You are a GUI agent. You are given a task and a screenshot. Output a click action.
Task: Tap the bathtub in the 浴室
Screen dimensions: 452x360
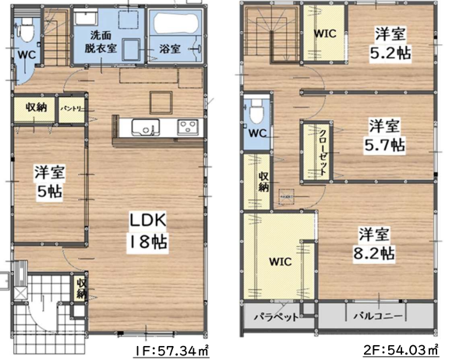point(176,23)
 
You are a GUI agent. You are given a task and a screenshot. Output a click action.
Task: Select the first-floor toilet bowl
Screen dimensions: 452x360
point(27,28)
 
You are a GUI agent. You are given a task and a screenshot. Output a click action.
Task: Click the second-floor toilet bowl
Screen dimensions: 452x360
point(256,111)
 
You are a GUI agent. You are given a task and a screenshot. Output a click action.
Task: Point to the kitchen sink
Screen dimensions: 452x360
point(146,127)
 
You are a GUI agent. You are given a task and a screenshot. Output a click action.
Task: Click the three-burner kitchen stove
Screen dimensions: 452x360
point(188,126)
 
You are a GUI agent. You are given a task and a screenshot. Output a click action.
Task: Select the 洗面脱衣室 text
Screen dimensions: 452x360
point(101,42)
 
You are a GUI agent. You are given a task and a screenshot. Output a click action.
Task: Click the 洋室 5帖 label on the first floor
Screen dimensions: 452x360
point(50,181)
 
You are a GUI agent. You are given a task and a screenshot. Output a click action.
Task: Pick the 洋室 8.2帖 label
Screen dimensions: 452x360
point(374,245)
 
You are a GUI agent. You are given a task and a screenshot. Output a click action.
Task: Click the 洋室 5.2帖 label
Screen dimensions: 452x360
point(390,43)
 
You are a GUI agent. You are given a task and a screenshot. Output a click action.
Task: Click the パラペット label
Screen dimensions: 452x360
point(276,317)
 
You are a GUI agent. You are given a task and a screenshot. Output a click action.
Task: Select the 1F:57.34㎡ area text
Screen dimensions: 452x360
point(171,351)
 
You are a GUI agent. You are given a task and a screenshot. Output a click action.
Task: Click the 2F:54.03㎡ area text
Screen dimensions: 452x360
point(401,350)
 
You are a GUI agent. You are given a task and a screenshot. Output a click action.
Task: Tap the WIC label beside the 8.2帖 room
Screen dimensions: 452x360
point(281,262)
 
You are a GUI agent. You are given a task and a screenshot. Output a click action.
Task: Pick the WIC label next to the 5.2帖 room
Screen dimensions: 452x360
point(325,34)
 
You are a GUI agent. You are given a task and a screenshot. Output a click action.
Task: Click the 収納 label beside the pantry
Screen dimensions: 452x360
point(36,108)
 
